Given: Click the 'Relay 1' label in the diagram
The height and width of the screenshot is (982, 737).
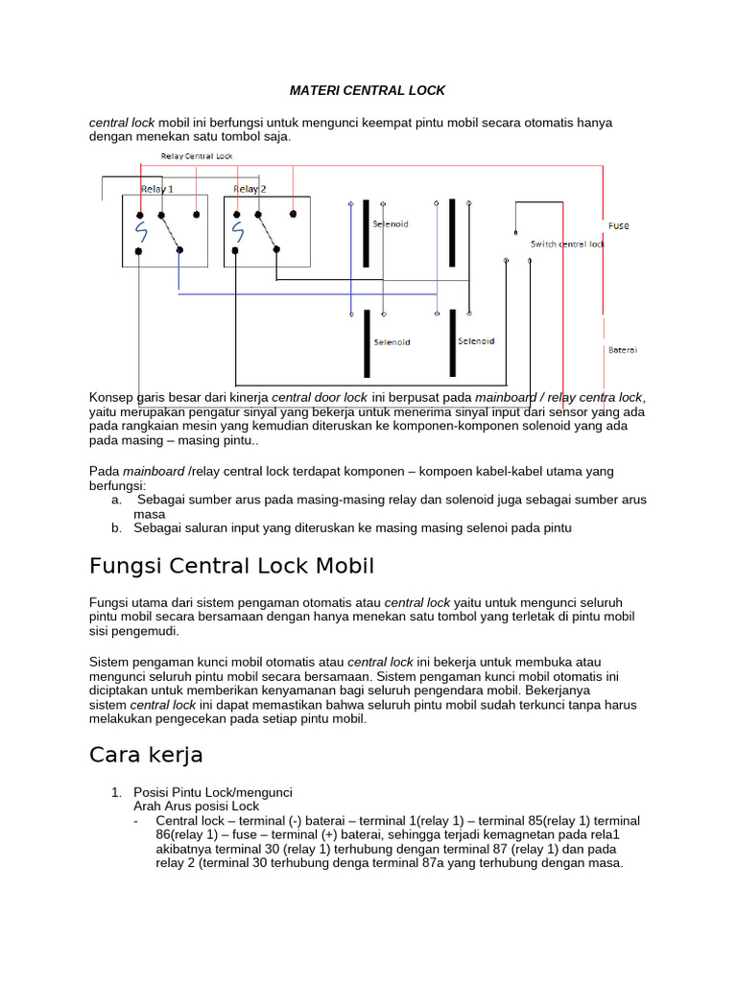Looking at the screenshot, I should (157, 189).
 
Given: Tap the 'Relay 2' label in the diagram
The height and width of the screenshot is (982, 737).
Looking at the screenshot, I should (250, 189).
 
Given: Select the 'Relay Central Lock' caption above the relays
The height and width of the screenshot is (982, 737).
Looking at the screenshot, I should (196, 155).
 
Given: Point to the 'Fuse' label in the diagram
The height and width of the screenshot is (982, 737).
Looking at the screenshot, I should (619, 225).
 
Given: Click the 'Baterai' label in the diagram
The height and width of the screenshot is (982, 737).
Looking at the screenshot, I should (622, 350).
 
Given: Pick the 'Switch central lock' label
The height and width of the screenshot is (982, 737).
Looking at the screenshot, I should (567, 245).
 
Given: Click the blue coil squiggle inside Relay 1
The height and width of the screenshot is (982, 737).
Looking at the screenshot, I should (141, 232).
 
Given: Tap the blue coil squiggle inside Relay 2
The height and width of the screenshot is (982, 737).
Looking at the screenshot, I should (236, 232).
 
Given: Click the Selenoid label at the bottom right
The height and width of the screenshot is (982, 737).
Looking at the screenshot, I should (476, 340).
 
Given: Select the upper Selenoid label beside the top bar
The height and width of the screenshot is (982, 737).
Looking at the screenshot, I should (390, 223).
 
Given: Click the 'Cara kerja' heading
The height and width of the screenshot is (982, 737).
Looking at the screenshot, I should (146, 755).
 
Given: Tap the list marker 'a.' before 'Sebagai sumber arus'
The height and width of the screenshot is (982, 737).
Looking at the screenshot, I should (116, 500).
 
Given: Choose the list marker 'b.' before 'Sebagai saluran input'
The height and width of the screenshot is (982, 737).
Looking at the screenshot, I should (116, 527).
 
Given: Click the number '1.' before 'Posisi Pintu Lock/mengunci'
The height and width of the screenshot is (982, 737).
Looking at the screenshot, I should (116, 792).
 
